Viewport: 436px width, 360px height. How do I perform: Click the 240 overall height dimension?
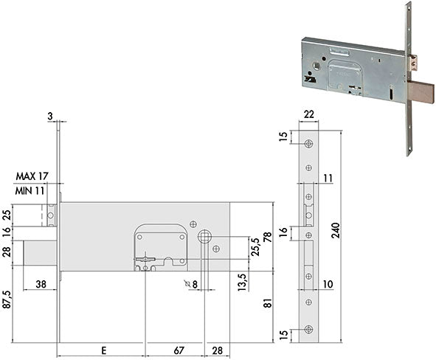point(336,230)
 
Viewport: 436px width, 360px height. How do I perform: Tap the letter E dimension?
point(103,350)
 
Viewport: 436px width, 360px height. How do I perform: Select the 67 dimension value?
point(179,350)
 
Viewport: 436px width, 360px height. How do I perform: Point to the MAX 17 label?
point(32,176)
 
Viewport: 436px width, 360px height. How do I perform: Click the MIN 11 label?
point(30,191)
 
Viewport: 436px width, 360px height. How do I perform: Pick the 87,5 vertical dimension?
point(7,300)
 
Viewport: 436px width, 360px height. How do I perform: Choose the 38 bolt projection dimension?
point(41,284)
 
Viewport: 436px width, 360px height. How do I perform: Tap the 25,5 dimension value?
point(255,247)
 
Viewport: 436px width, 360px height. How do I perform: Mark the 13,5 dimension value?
point(242,282)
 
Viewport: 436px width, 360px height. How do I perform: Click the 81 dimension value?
point(267,303)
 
